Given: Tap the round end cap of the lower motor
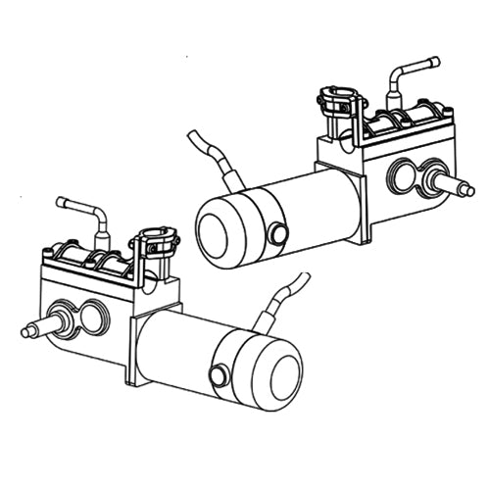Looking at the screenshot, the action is pyautogui.click(x=273, y=370).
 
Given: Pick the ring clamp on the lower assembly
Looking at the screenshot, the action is pyautogui.click(x=157, y=240).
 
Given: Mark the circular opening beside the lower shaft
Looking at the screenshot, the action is pyautogui.click(x=93, y=316).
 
